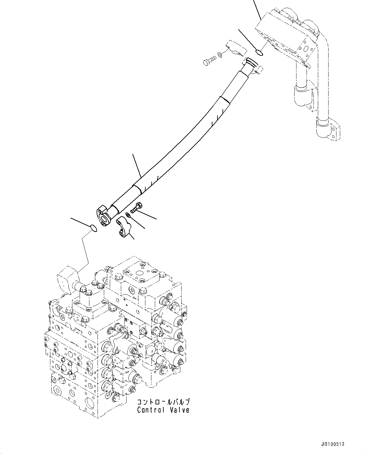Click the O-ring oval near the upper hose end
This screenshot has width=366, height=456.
260,53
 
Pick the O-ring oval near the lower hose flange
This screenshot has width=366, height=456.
93,228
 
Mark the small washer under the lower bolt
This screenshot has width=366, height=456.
128,215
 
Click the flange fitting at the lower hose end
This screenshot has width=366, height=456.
102,215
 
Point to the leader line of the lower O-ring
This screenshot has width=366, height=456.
80,222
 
